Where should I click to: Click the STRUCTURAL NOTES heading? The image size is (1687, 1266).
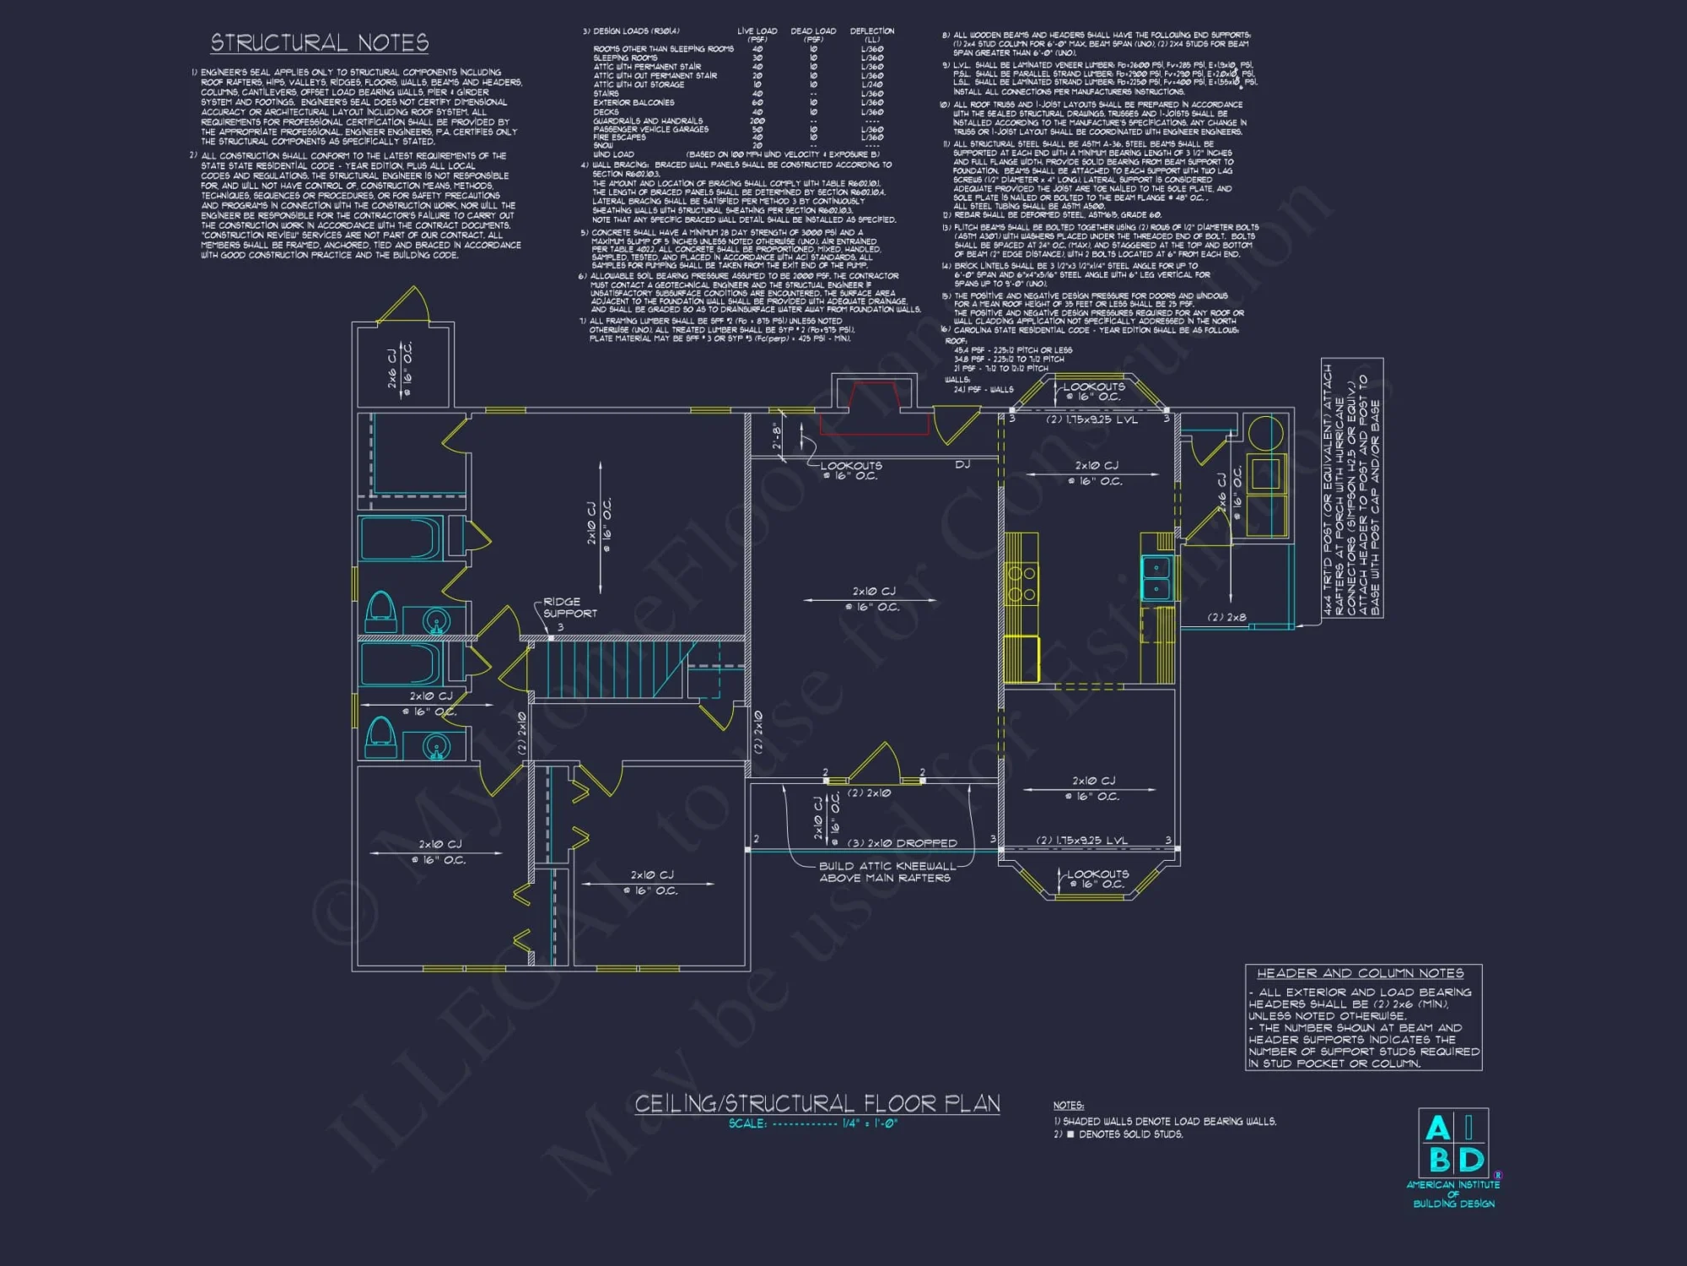pyautogui.click(x=319, y=43)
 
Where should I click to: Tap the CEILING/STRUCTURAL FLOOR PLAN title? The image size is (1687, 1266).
pyautogui.click(x=817, y=1103)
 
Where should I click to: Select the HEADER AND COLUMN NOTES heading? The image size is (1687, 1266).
pyautogui.click(x=1360, y=973)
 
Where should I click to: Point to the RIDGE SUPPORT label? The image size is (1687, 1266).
pyautogui.click(x=569, y=608)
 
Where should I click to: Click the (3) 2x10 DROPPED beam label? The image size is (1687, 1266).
pyautogui.click(x=902, y=843)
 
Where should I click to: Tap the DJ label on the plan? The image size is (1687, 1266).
pyautogui.click(x=962, y=464)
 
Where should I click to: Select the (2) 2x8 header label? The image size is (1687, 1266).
pyautogui.click(x=1226, y=618)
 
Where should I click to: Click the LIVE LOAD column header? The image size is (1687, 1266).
pyautogui.click(x=757, y=34)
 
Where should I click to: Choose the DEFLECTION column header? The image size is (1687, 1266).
pyautogui.click(x=872, y=34)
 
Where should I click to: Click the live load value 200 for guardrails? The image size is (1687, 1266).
pyautogui.click(x=757, y=121)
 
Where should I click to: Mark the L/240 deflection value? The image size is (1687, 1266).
pyautogui.click(x=872, y=84)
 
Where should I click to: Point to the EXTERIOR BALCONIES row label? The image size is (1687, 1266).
pyautogui.click(x=633, y=103)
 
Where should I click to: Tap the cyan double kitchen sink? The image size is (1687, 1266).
pyautogui.click(x=1156, y=578)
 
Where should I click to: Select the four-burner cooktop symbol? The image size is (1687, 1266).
pyautogui.click(x=1021, y=584)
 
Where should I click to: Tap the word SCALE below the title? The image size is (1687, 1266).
pyautogui.click(x=747, y=1123)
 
